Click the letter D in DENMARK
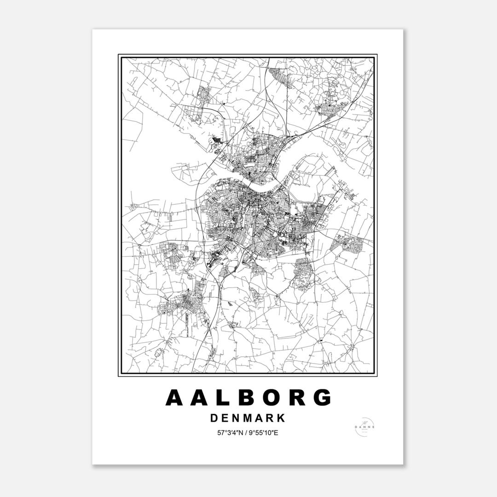214,418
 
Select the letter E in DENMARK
225,418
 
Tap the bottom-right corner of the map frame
377,376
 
